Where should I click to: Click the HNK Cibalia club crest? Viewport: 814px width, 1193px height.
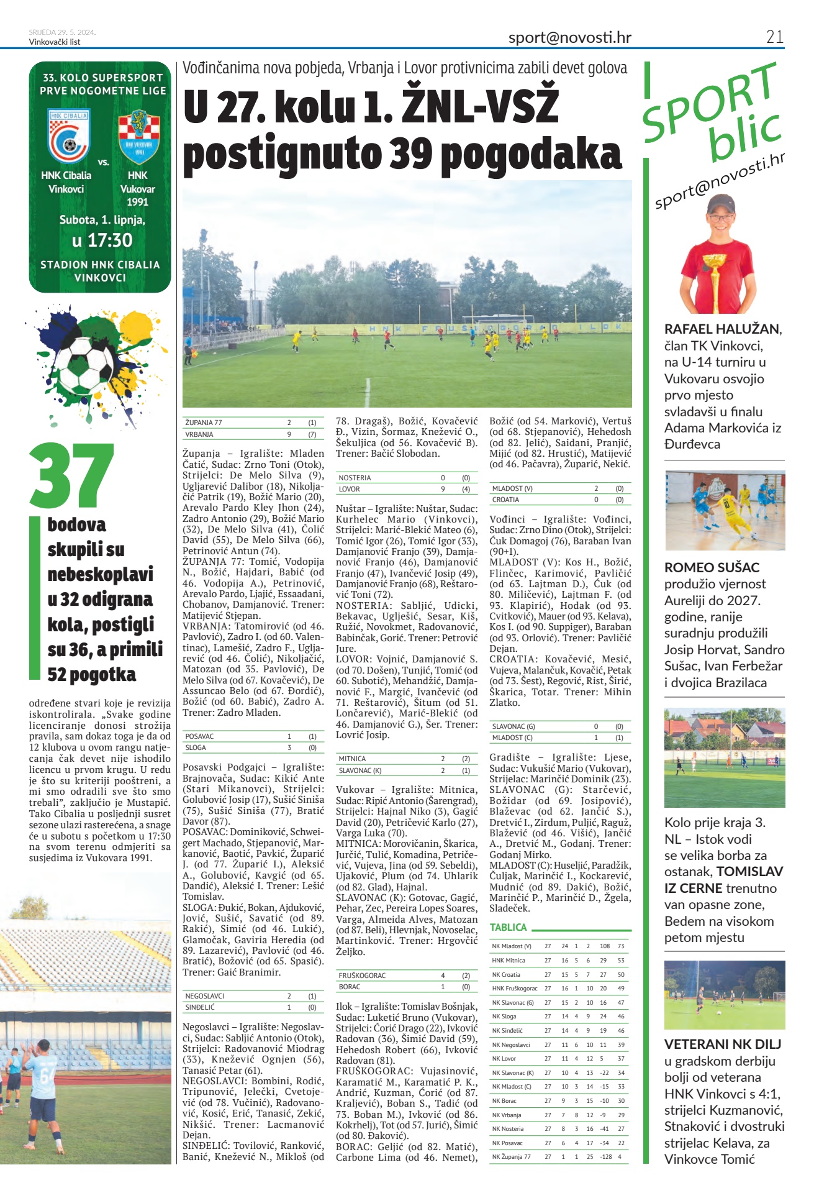(x=69, y=137)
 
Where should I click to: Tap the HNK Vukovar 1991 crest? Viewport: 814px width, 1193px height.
(x=138, y=137)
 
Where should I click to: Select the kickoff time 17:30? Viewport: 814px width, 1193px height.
(x=102, y=240)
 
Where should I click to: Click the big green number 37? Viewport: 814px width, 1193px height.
(x=71, y=475)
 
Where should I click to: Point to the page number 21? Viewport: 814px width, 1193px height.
(x=774, y=37)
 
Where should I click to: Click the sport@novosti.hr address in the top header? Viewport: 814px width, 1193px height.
(x=569, y=37)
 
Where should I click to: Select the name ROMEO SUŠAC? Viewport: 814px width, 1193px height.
(x=712, y=567)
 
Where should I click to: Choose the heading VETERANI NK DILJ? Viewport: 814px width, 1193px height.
(x=722, y=1044)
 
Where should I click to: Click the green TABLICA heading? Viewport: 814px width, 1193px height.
(x=508, y=927)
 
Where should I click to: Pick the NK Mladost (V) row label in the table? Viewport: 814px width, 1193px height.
(x=512, y=946)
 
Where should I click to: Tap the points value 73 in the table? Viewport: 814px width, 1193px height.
(x=620, y=946)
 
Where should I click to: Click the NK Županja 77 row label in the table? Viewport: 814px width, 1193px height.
(x=512, y=1157)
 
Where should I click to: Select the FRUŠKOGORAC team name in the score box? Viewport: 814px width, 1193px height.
(x=363, y=976)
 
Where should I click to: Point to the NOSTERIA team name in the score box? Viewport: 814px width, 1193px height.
(x=355, y=478)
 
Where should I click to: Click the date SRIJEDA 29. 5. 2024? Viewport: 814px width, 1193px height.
(x=62, y=32)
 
